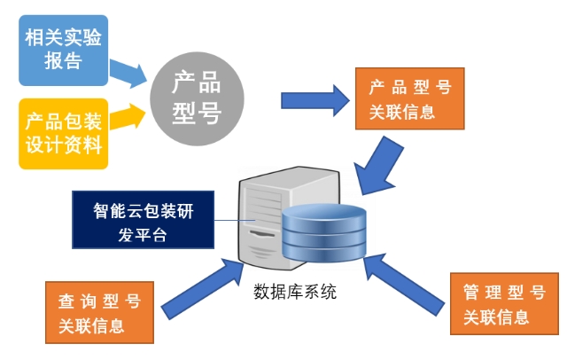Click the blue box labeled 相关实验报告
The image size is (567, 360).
(x=63, y=50)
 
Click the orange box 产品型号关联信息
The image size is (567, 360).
(x=410, y=99)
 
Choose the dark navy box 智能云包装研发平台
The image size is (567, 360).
(x=143, y=223)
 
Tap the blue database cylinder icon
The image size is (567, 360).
(x=323, y=233)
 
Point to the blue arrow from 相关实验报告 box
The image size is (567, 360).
(x=128, y=73)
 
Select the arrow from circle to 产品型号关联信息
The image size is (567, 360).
(x=315, y=98)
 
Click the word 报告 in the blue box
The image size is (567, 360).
(x=62, y=61)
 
